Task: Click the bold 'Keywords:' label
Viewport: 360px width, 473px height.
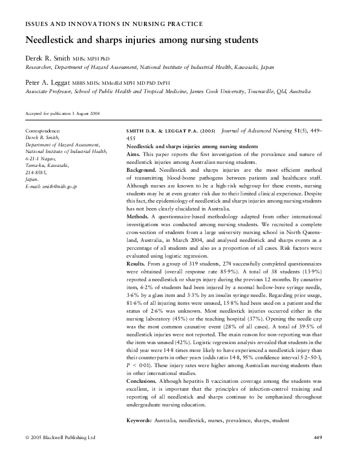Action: tap(142, 419)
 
